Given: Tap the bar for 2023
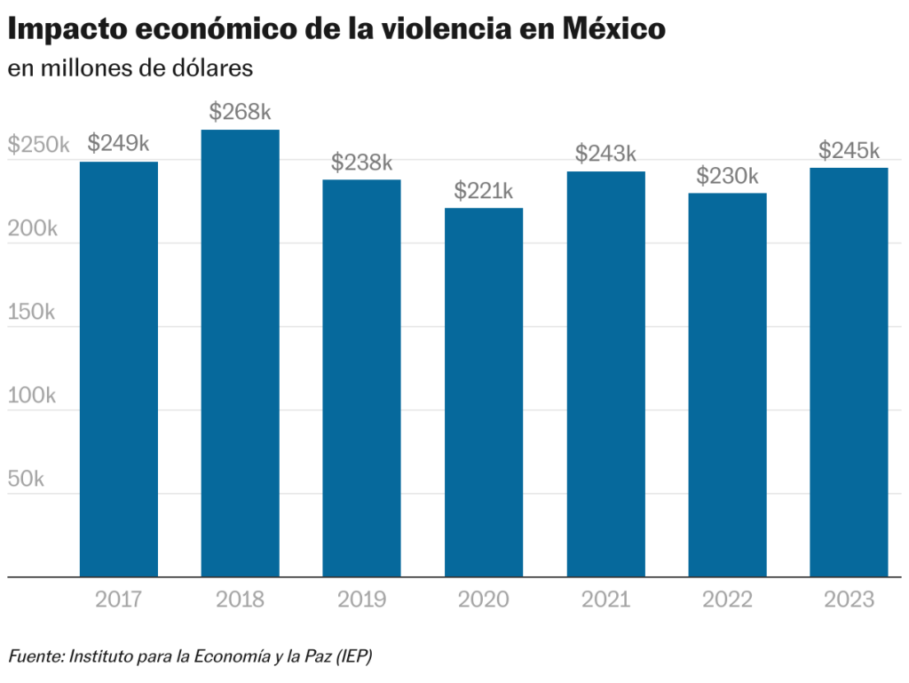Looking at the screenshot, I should point(849,372).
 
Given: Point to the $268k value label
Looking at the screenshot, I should point(240,113).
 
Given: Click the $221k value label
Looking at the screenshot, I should point(484,191).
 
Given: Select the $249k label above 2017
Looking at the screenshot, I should point(118,144).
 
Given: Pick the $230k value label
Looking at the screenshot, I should point(727,176).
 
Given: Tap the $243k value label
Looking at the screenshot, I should point(605,154).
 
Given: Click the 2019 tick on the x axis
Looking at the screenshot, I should point(361,600).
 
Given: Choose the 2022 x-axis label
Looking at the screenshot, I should point(727,600).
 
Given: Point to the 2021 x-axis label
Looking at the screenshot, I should point(605,600).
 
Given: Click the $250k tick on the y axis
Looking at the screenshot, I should point(37,146).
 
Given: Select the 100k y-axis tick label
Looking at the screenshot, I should point(32,396).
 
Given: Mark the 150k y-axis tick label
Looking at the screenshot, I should point(32,313).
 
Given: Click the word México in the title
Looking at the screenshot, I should point(613,28).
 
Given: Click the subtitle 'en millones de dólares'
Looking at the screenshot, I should point(130,68).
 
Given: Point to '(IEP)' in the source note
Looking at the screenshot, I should point(352,656).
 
